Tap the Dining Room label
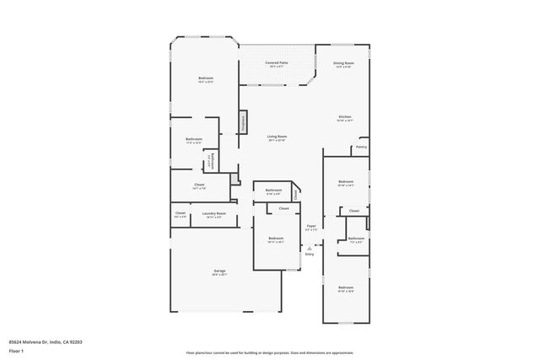pyautogui.click(x=343, y=64)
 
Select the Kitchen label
pyautogui.click(x=344, y=118)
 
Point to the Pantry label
pyautogui.click(x=361, y=147)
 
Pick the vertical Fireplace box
pyautogui.click(x=242, y=122)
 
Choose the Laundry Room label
pyautogui.click(x=214, y=214)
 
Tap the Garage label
pyautogui.click(x=219, y=271)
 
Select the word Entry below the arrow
pyautogui.click(x=310, y=255)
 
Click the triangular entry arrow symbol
pyautogui.click(x=310, y=247)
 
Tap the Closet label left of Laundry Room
pyautogui.click(x=181, y=214)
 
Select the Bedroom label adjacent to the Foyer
pyautogui.click(x=276, y=239)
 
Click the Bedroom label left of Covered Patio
pyautogui.click(x=206, y=80)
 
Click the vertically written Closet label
pyautogui.click(x=295, y=194)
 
